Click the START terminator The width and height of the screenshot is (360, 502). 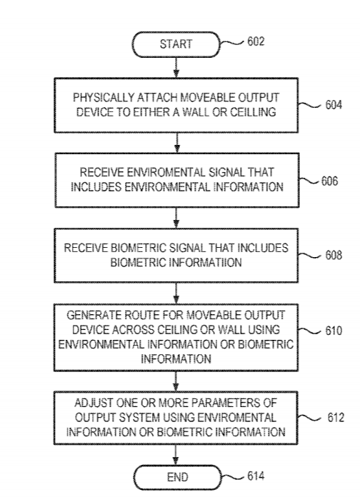(x=176, y=44)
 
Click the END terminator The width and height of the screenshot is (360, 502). (x=177, y=477)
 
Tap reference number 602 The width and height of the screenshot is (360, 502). (x=256, y=41)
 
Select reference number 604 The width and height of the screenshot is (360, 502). (x=334, y=105)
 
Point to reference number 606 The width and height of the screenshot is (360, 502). (x=329, y=181)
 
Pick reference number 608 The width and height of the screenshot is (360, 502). (x=334, y=255)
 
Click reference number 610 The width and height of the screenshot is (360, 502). (x=334, y=331)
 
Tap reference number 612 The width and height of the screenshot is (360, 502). (x=335, y=418)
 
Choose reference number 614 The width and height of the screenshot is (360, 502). (x=256, y=476)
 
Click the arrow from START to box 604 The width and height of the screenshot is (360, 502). (x=176, y=68)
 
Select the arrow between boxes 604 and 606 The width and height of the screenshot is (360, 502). (x=177, y=143)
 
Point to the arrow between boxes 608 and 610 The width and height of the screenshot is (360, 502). (x=176, y=293)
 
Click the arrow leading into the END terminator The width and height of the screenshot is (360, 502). (x=176, y=455)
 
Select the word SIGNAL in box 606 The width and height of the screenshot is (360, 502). (x=223, y=172)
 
